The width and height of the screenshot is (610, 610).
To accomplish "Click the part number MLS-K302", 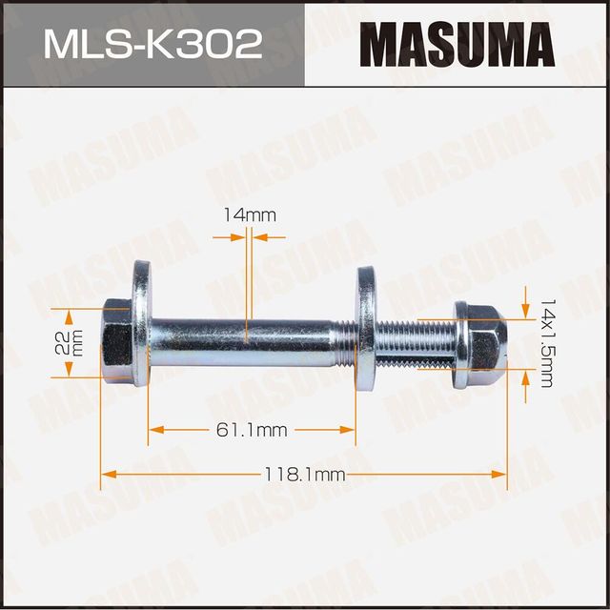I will [152, 44].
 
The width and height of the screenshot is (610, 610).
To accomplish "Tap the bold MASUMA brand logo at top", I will [457, 44].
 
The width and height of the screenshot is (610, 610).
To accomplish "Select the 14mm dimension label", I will [249, 215].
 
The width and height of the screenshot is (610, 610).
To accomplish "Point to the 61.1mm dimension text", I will [252, 431].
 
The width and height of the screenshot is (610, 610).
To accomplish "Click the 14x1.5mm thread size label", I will [546, 341].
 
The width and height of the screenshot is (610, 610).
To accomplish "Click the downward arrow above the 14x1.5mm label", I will [524, 308].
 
